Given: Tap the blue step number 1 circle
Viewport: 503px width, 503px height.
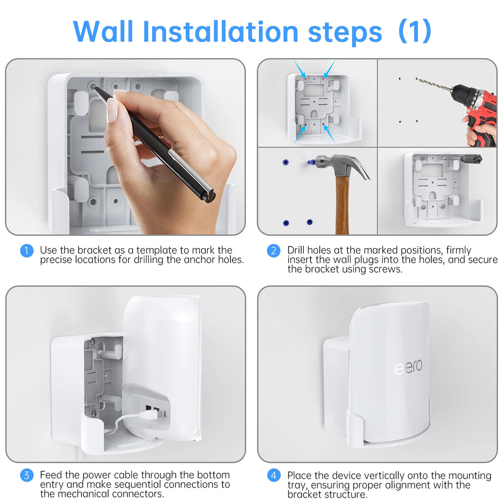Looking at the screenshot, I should (x=27, y=251).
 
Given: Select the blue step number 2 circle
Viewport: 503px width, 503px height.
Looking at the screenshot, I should (x=274, y=251).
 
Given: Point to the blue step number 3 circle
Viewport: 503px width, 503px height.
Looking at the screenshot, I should (x=27, y=475).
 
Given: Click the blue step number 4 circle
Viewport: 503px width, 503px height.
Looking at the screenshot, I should (x=274, y=475).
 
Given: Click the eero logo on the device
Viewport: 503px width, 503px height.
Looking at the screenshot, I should (x=408, y=367).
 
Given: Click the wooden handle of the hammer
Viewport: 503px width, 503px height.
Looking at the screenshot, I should (x=342, y=206).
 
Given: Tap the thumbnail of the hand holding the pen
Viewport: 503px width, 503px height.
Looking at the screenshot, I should (x=112, y=109).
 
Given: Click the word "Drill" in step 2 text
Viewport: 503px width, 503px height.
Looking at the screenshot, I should (x=298, y=251).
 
